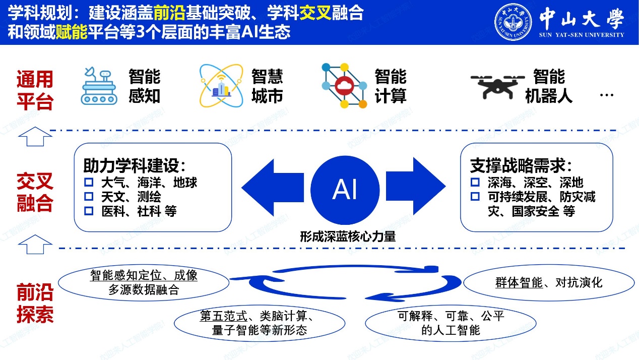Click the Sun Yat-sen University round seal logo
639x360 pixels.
513,22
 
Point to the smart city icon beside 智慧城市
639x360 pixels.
221,85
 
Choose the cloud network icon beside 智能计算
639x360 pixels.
345,85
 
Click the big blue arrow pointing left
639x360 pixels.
273,188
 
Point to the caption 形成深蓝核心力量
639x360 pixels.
348,236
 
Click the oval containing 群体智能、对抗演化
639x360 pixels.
548,283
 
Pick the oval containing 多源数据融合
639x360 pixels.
144,283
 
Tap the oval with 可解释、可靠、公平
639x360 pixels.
451,323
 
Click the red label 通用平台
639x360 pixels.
35,90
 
